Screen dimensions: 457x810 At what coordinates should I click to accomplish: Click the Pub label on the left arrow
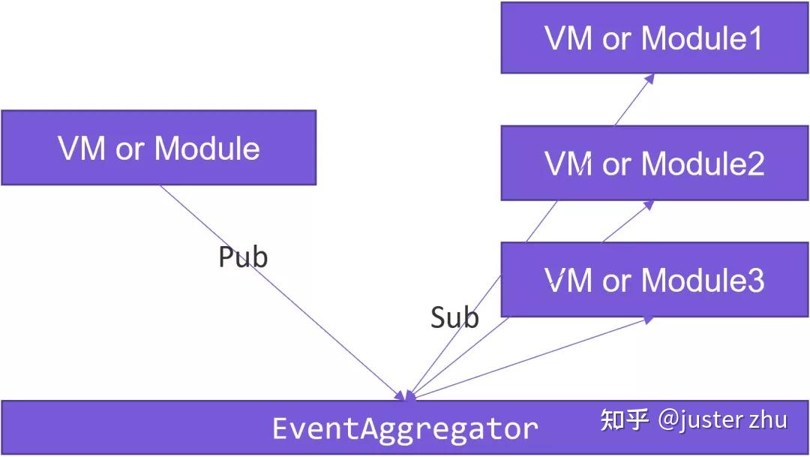pyautogui.click(x=243, y=257)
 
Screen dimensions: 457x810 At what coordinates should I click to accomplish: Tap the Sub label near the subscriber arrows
pyautogui.click(x=454, y=318)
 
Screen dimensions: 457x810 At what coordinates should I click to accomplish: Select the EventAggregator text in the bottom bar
pyautogui.click(x=405, y=428)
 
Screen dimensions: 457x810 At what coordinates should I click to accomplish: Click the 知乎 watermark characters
pyautogui.click(x=624, y=419)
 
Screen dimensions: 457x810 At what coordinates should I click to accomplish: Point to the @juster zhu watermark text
pyautogui.click(x=722, y=419)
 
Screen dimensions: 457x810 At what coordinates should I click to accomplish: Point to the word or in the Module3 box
pyautogui.click(x=616, y=281)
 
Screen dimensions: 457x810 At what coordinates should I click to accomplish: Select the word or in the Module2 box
pyautogui.click(x=616, y=164)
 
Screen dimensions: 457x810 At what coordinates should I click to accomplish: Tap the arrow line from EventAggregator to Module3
pyautogui.click(x=525, y=359)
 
